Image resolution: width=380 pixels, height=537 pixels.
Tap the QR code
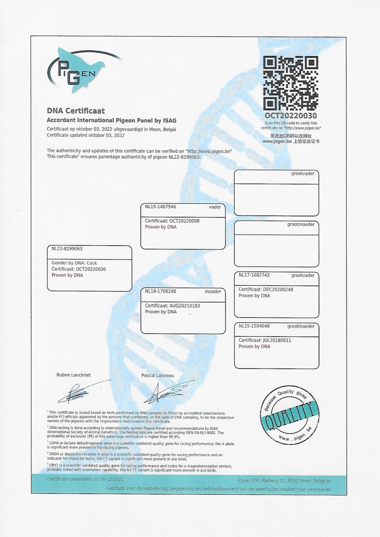pyautogui.click(x=290, y=83)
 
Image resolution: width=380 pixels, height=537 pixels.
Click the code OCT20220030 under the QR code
pyautogui.click(x=290, y=115)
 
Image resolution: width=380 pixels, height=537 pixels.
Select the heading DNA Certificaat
pyautogui.click(x=76, y=111)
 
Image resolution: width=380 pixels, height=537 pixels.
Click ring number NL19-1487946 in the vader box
pyautogui.click(x=160, y=207)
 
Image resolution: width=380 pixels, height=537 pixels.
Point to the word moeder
pyautogui.click(x=213, y=291)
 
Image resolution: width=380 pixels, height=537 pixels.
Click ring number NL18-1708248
pyautogui.click(x=160, y=291)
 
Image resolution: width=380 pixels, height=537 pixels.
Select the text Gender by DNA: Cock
pyautogui.click(x=74, y=263)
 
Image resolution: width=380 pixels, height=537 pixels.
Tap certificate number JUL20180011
pyautogui.click(x=277, y=340)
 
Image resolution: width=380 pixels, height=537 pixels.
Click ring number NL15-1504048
pyautogui.click(x=254, y=326)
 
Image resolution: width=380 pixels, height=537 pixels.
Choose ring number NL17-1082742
pyautogui.click(x=254, y=275)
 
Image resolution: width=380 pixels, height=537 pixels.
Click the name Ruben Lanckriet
pyautogui.click(x=74, y=375)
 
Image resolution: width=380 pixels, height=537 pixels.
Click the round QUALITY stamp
pyautogui.click(x=289, y=414)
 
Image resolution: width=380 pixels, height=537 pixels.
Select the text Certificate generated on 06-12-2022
pyautogui.click(x=85, y=479)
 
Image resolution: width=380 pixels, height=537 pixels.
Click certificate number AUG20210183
pyautogui.click(x=184, y=306)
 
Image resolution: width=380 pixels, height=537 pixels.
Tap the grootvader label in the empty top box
pyautogui.click(x=303, y=174)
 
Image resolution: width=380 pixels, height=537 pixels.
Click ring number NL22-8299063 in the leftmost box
pyautogui.click(x=67, y=249)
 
